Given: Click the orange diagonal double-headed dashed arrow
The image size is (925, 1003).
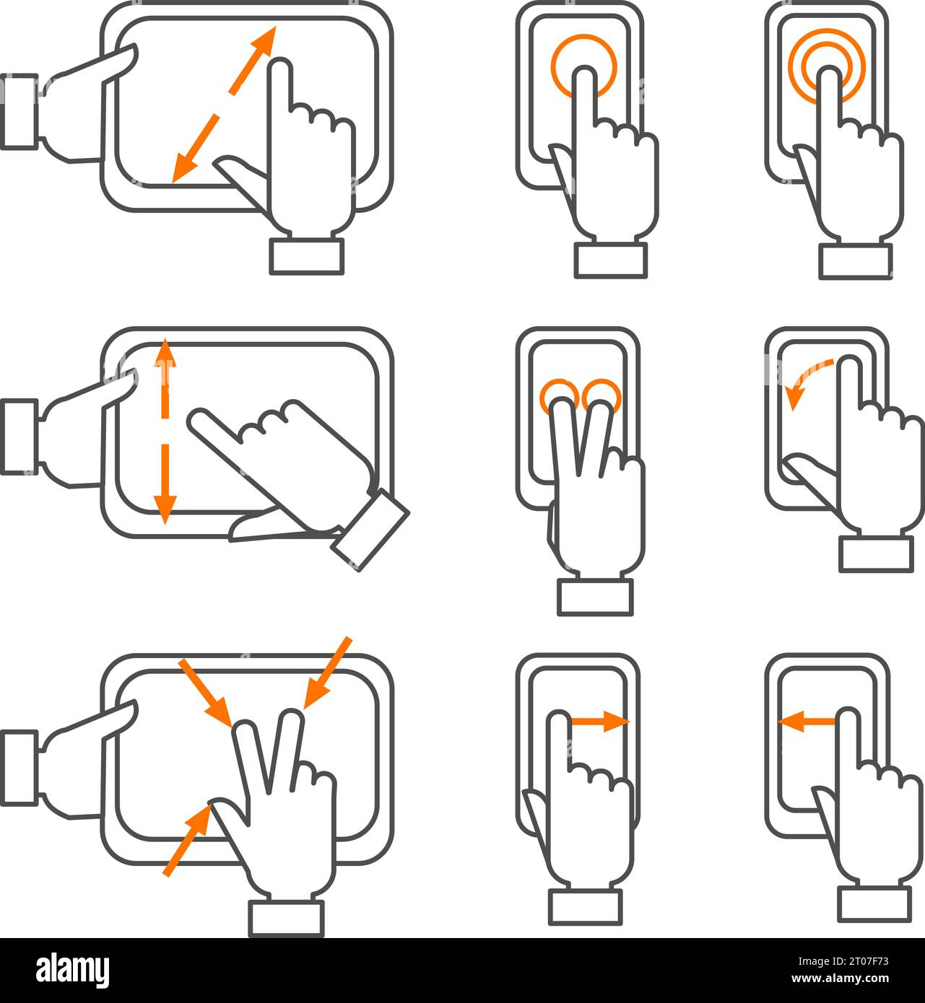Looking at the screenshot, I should [225, 103].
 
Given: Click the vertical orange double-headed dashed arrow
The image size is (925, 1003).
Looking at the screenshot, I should [165, 432].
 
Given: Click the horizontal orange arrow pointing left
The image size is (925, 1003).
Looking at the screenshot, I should [806, 719].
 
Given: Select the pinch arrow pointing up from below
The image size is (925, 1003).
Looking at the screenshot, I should [187, 841].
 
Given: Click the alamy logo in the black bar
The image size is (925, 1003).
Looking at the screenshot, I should [72, 970].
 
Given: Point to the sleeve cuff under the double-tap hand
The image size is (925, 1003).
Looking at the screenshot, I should [855, 260].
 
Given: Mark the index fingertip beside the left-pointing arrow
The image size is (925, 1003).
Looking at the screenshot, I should [846, 719].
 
